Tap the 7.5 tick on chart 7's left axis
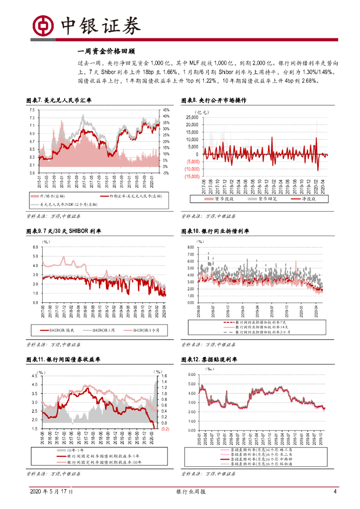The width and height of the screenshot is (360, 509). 32,110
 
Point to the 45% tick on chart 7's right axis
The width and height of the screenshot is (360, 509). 166,110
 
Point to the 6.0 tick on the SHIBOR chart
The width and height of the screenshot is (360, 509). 35,247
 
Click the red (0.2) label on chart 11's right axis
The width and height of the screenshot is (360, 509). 165,428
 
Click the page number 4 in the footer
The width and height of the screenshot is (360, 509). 335,492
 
